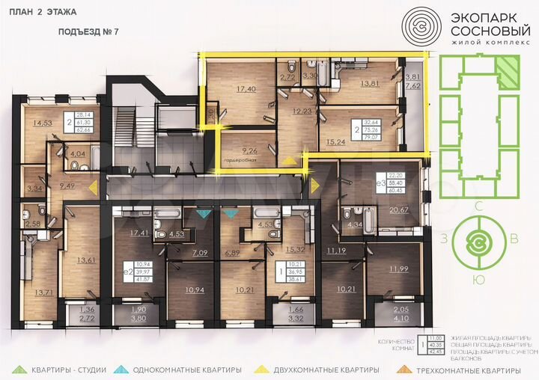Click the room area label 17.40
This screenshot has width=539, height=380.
(x=246, y=89)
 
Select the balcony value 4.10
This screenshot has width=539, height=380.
(x=401, y=316)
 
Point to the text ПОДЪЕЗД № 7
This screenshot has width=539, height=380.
(x=88, y=33)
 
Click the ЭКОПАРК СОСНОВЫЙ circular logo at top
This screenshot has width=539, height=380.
(x=421, y=29)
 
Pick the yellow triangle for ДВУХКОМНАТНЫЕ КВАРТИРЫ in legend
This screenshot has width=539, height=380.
(x=263, y=370)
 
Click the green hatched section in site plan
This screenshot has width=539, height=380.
(x=507, y=74)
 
